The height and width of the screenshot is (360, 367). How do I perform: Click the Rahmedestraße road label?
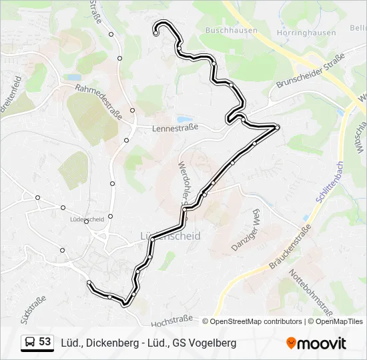point(99,101)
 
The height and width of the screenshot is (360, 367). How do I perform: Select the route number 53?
point(45,342)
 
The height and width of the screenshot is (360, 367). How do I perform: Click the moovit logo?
point(316,343)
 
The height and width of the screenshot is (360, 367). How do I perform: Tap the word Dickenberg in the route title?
point(112,343)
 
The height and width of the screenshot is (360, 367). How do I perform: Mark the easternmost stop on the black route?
point(277,127)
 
